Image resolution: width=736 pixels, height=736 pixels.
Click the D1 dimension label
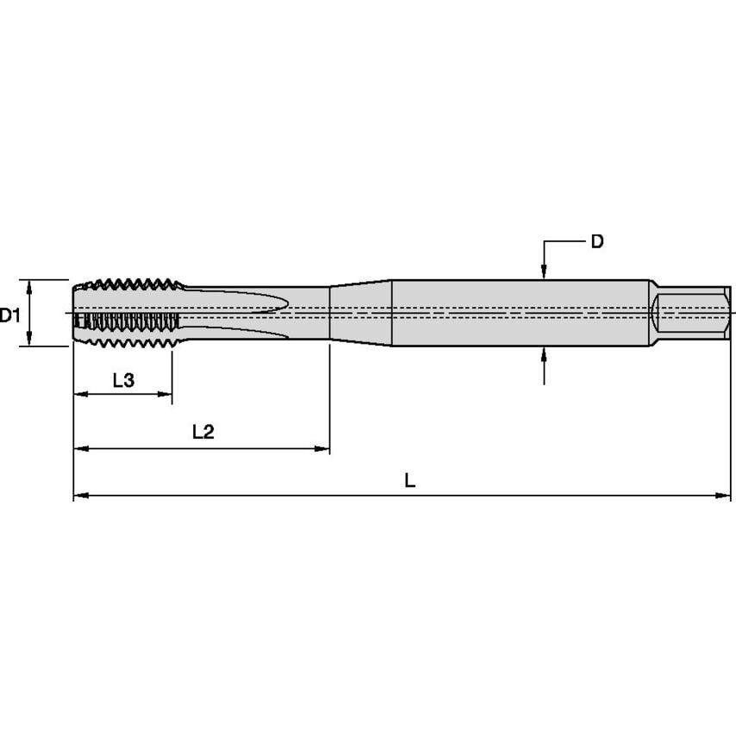coord(10,315)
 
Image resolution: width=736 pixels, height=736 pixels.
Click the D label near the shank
coord(596,242)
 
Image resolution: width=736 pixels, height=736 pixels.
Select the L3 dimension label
coord(123,380)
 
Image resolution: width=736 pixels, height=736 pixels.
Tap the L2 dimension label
coord(203,433)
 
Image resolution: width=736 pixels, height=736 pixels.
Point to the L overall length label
coord(410,481)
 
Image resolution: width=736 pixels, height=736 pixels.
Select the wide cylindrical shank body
coord(517,312)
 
